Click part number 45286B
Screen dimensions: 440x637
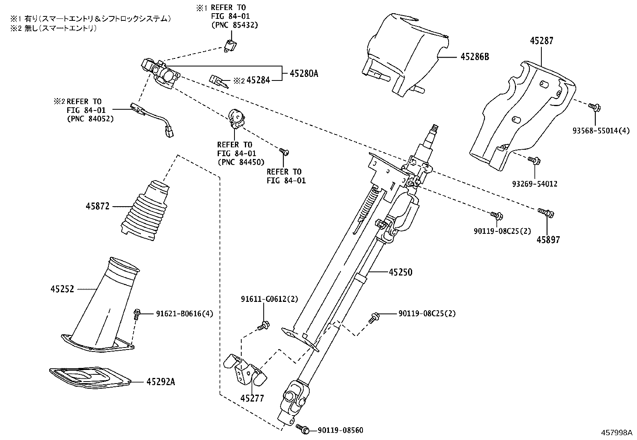(x=475, y=57)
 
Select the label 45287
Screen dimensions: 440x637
(x=542, y=40)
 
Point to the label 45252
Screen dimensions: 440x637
(x=62, y=289)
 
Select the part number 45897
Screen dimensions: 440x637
(x=548, y=240)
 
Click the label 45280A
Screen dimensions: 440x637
(x=304, y=73)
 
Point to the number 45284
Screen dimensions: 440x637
(x=258, y=80)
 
